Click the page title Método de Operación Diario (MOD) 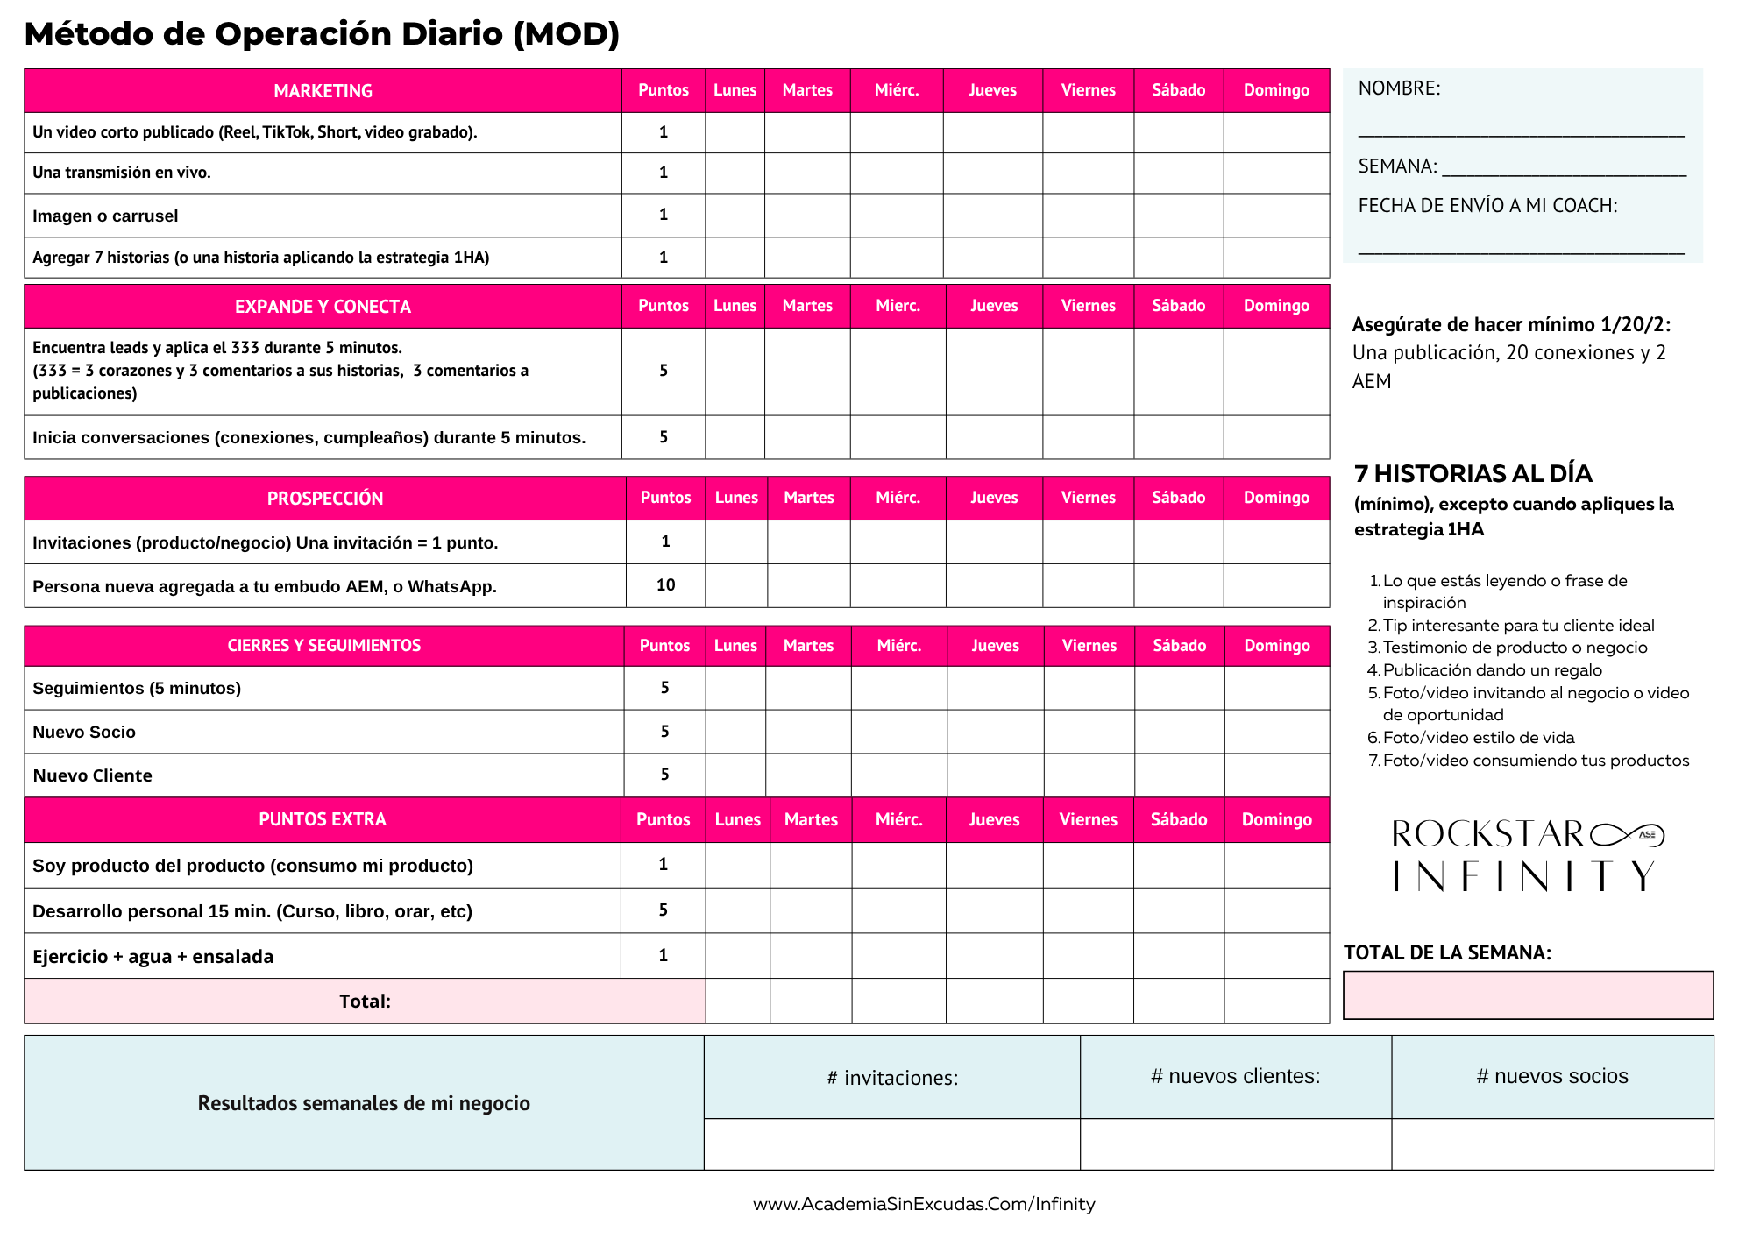click(322, 34)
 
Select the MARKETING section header click(323, 91)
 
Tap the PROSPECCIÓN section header click(324, 499)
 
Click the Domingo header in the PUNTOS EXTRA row click(1276, 820)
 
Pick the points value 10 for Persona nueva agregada click(665, 585)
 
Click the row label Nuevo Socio click(84, 733)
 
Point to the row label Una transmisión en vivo click(122, 173)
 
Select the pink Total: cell click(365, 1002)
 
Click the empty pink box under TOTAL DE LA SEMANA click(1528, 995)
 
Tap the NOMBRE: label click(1399, 88)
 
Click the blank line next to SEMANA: click(1564, 168)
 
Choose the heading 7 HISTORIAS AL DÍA click(1473, 474)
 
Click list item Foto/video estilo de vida click(1478, 738)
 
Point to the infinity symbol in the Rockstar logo click(1627, 834)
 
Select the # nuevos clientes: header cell click(1235, 1077)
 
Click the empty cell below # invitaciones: click(891, 1143)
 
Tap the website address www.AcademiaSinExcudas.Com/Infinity click(924, 1205)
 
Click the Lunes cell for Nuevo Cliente click(735, 775)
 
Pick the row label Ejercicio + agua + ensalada click(153, 957)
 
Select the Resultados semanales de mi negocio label click(364, 1103)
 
